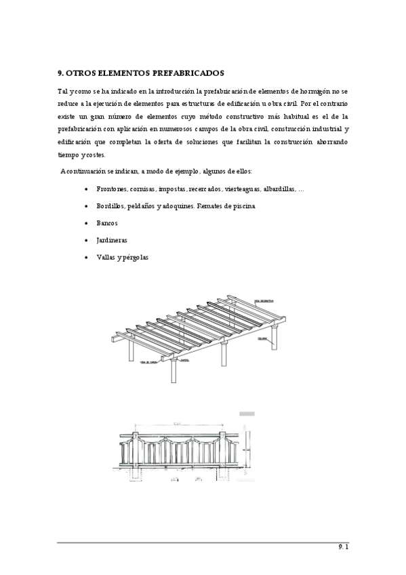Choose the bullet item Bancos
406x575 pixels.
107,223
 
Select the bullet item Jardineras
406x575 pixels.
111,240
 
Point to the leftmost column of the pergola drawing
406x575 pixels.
131,353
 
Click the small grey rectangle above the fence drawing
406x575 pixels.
247,412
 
